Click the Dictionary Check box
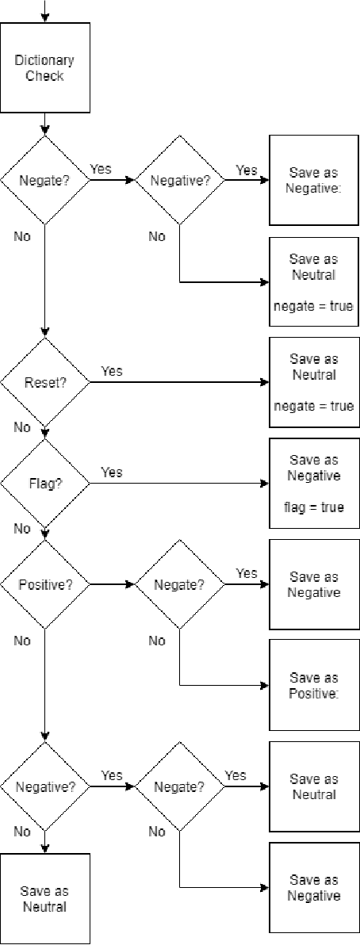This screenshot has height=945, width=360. click(44, 68)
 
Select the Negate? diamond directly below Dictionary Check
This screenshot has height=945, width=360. click(44, 180)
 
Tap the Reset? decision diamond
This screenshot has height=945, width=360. click(44, 382)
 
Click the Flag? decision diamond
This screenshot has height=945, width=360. click(44, 484)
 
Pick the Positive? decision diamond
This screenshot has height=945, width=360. click(44, 585)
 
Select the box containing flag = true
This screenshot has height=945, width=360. click(314, 484)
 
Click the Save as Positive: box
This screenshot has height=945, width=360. click(314, 686)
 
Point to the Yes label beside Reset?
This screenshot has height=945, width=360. click(112, 371)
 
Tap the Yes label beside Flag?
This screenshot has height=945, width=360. click(112, 472)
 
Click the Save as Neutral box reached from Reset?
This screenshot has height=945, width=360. click(314, 382)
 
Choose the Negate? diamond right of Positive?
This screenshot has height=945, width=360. click(179, 585)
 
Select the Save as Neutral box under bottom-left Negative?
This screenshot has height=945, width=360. click(44, 899)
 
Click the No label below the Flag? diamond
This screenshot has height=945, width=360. click(22, 528)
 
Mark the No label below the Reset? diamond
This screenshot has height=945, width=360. click(22, 427)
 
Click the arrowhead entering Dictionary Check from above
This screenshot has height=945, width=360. click(44, 18)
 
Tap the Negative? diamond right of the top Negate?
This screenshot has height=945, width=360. click(179, 180)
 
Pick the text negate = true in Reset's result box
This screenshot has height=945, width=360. click(314, 406)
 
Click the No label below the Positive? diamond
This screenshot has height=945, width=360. click(22, 641)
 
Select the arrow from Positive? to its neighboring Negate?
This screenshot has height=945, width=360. click(112, 585)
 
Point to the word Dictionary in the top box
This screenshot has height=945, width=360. click(44, 61)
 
